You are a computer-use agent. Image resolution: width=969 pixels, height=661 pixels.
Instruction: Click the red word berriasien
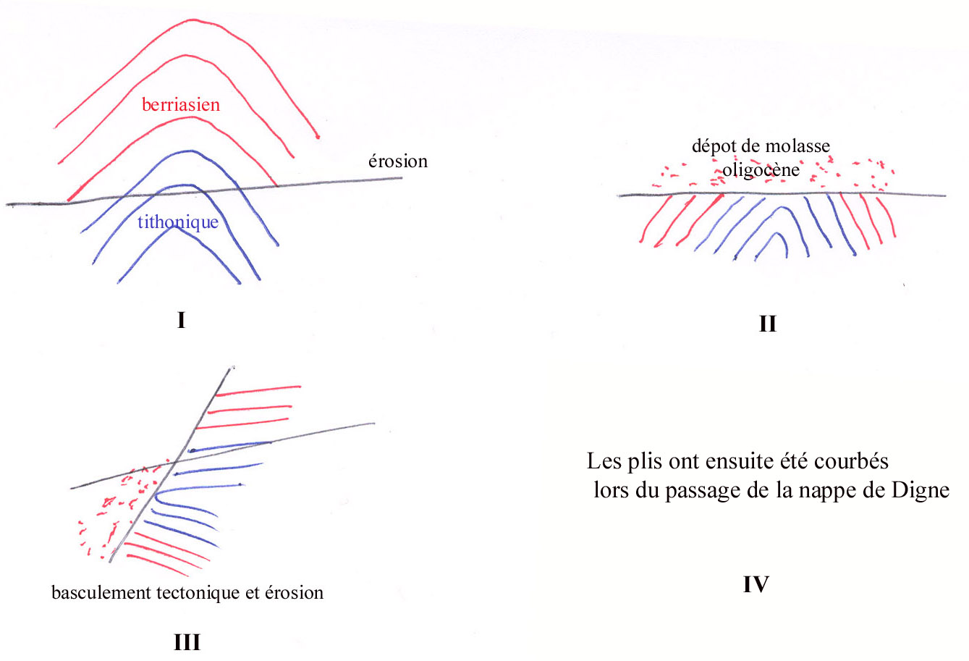click(181, 105)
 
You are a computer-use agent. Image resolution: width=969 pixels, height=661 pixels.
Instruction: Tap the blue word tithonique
click(178, 222)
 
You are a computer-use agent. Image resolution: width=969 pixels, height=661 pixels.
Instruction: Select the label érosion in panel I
click(398, 161)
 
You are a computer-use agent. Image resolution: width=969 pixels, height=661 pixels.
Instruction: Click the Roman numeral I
click(181, 320)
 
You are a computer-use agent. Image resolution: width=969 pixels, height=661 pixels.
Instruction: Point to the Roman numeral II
click(768, 324)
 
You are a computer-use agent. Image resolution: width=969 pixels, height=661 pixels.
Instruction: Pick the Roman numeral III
click(187, 642)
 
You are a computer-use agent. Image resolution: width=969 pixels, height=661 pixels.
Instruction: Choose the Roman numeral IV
click(756, 584)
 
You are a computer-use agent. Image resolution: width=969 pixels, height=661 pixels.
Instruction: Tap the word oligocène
click(761, 170)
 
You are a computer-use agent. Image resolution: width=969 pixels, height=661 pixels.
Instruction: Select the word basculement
click(101, 593)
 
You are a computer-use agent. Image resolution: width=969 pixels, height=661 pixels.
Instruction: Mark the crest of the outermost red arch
click(193, 20)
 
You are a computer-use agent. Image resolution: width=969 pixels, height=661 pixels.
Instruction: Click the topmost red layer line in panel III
click(258, 390)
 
